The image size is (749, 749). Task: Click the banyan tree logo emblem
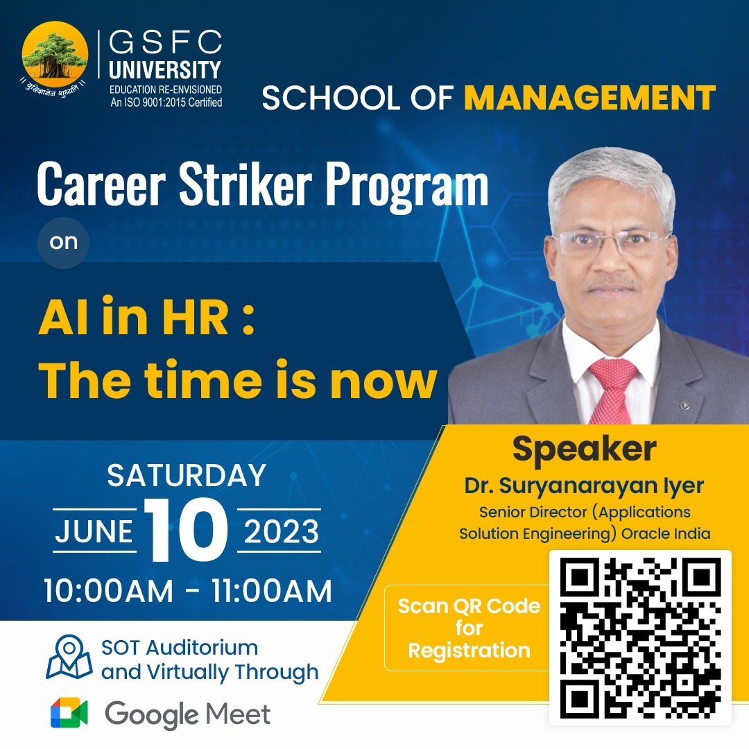55,58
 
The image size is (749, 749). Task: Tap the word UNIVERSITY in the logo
165,70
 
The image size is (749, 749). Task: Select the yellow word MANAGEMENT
590,98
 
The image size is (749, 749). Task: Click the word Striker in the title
246,184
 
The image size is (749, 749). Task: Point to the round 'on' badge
64,242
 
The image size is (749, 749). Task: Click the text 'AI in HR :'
146,317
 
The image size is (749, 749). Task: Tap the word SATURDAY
187,475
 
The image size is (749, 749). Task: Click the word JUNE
94,531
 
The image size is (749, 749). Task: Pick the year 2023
281,531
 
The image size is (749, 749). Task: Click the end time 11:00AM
271,591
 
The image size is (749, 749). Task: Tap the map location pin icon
69,657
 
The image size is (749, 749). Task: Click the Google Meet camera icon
69,713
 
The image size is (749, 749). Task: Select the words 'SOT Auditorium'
180,648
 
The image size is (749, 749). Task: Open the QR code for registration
640,638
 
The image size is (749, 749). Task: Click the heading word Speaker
584,449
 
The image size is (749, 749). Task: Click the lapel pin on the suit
684,406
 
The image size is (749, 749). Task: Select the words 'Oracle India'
666,533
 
